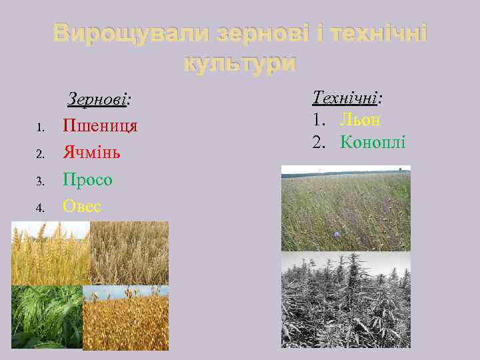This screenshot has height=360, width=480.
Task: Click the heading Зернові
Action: point(99,100)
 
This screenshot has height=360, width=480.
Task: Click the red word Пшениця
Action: point(100,126)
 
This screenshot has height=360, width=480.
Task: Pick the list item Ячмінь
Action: point(91,153)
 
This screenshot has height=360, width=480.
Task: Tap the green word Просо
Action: point(87,180)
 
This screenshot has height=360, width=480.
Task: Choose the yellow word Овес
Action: point(82,207)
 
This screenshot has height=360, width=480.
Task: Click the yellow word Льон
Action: point(360,120)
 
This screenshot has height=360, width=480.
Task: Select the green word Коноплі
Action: point(373,142)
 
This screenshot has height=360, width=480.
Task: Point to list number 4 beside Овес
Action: point(39,208)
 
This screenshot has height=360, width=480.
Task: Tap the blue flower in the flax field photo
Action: point(337,234)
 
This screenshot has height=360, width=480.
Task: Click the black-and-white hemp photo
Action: point(345,299)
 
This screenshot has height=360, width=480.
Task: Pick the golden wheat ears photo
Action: point(50,253)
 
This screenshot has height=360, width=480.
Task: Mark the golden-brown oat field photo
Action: point(125,319)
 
